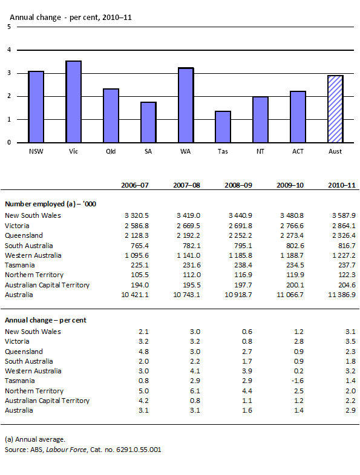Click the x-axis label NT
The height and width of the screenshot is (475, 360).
260,150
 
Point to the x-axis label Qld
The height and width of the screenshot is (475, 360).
111,150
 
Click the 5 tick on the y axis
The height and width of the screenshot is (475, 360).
8,27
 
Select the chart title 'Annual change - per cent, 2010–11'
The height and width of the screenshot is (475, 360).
71,18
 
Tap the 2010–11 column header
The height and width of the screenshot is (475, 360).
340,185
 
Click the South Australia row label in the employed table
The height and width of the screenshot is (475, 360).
28,245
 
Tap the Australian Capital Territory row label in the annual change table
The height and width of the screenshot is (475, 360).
47,401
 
